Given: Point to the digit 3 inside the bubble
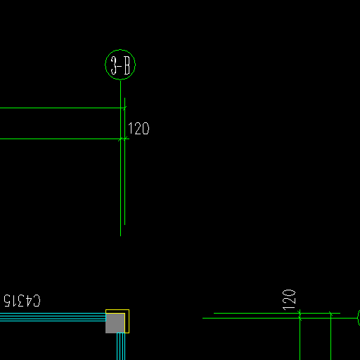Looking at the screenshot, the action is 114,65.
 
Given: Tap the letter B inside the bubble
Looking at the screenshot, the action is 127,65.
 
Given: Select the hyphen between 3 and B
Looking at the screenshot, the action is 120,66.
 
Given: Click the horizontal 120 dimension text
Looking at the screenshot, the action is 139,129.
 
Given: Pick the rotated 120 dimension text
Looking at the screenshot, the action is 289,300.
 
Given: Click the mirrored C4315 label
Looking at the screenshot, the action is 22,301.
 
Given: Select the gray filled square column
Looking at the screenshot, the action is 115,323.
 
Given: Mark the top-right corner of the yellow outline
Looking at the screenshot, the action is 129,309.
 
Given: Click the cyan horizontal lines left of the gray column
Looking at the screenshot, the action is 53,317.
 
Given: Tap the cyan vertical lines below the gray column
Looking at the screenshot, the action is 121,347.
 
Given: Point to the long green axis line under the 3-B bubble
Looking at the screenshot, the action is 120,158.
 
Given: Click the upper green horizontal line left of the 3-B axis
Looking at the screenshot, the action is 60,108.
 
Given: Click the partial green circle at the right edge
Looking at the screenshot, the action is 358,318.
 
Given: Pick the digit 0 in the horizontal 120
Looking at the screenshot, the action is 146,129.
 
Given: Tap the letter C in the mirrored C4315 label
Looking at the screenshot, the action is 37,301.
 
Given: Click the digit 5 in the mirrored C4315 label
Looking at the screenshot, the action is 7,301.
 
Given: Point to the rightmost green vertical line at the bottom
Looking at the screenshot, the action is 330,336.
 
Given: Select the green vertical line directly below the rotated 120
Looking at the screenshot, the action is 300,335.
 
